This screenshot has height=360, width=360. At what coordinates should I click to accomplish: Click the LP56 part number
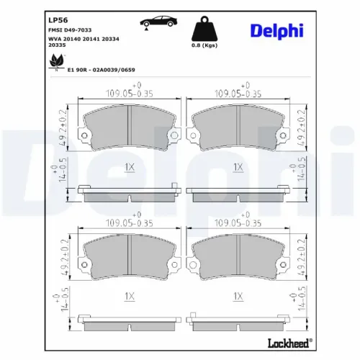(x=57, y=20)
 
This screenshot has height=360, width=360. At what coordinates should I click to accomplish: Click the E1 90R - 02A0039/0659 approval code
(x=101, y=71)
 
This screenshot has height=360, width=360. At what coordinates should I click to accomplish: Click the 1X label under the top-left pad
(x=130, y=167)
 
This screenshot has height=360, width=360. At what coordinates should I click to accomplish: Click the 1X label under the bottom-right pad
(x=238, y=296)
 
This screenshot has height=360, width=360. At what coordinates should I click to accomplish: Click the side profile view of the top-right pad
(x=237, y=192)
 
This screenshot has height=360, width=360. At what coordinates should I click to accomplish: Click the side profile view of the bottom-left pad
(x=128, y=320)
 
